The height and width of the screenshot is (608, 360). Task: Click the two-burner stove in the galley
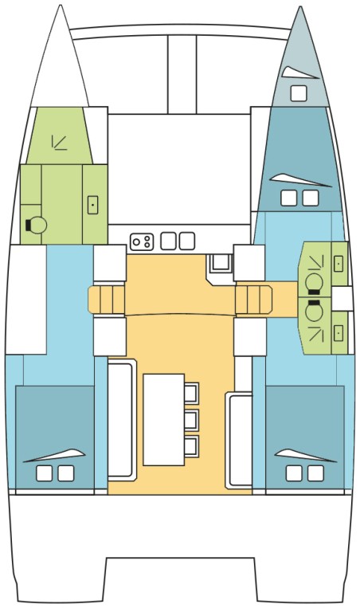(142, 241)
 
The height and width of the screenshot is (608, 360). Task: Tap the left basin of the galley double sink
(168, 241)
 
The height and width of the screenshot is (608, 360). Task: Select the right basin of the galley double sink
(186, 241)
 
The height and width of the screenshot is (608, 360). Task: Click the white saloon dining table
(163, 419)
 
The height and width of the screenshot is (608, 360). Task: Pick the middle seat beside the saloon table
(192, 419)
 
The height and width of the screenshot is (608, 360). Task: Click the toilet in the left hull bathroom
(36, 226)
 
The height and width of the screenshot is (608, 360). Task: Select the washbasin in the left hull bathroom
(92, 205)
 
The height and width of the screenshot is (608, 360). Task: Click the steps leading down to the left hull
(108, 301)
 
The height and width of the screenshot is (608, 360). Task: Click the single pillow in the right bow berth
(298, 93)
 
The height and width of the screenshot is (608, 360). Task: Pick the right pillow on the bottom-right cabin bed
(316, 474)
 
